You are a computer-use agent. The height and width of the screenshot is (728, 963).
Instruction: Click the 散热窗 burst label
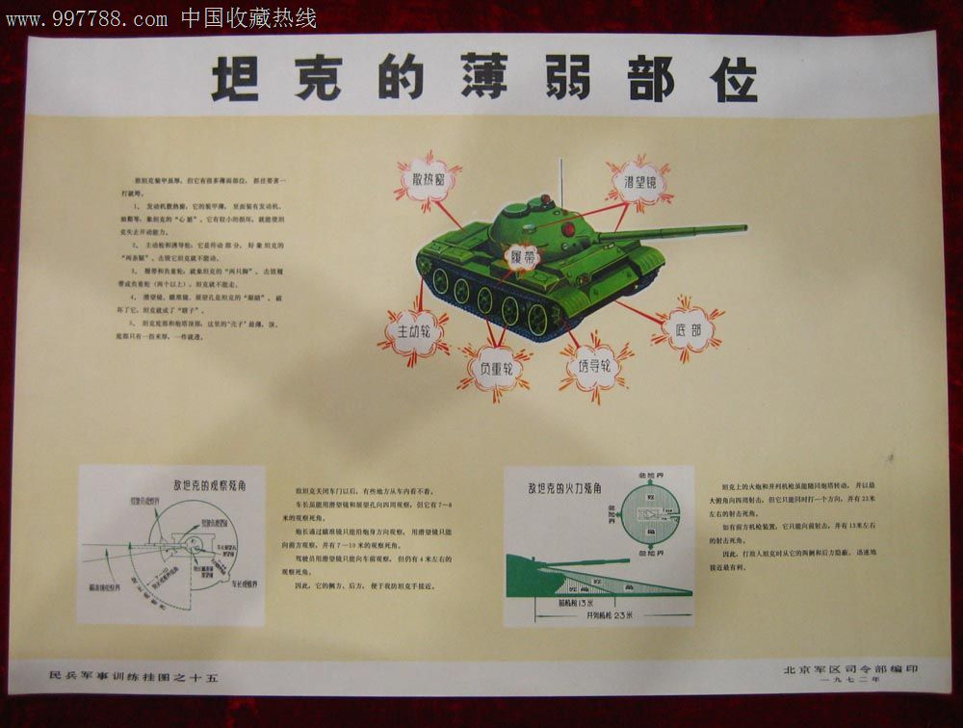tap(427, 180)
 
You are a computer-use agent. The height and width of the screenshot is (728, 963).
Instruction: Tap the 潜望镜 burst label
tap(638, 182)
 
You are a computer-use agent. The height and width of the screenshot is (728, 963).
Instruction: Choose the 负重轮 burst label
tap(495, 369)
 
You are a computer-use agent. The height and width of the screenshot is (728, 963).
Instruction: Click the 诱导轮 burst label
tap(595, 367)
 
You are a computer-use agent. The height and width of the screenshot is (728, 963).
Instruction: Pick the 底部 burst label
tap(688, 329)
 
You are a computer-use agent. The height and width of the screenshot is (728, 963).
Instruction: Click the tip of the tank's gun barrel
tap(743, 228)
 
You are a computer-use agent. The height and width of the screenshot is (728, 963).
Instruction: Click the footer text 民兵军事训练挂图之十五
tap(134, 678)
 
